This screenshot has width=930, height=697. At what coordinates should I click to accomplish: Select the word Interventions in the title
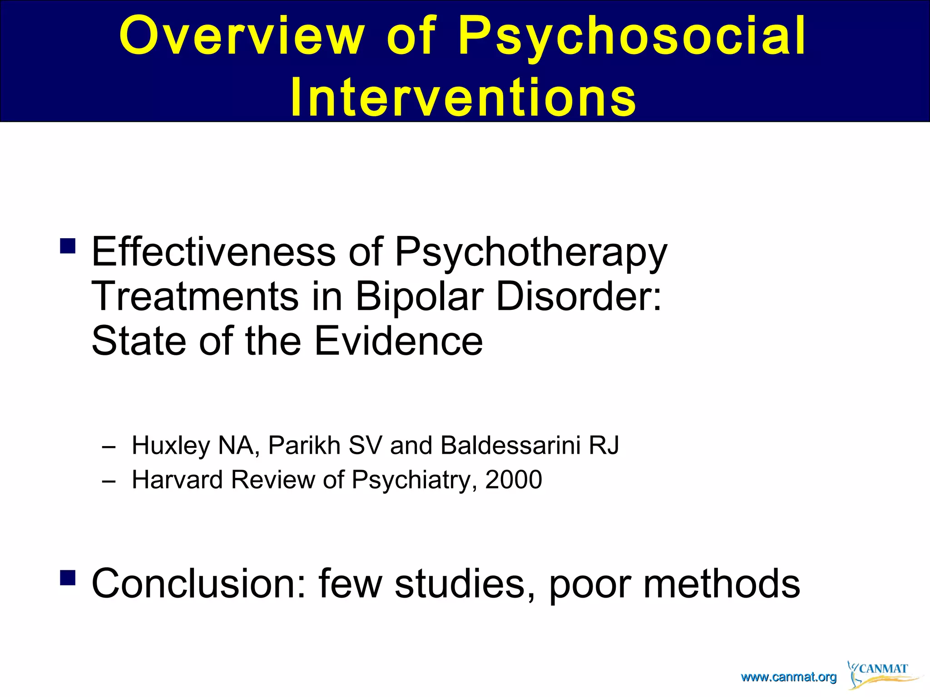tap(463, 97)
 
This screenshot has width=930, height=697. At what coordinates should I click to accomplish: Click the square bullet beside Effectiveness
tap(68, 246)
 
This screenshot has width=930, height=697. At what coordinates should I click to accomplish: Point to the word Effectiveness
tap(213, 252)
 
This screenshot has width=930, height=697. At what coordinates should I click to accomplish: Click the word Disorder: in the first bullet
tap(579, 296)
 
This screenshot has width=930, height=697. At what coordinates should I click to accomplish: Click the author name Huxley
tap(171, 446)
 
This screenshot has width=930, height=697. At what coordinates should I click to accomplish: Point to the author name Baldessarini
tap(511, 445)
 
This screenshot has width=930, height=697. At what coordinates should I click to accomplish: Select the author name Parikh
tap(304, 445)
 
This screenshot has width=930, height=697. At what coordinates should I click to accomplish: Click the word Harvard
tap(177, 480)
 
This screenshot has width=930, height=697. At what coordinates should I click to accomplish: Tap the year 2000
tap(514, 480)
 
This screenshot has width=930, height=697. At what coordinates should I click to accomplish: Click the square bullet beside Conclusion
tap(68, 578)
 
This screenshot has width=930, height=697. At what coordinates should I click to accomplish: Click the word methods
tap(722, 584)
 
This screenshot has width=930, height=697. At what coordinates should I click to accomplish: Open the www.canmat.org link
tap(788, 677)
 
